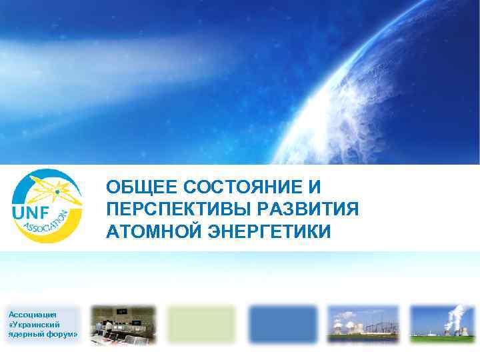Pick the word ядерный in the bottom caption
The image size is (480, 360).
coord(26,333)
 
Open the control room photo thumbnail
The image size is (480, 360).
coord(123,325)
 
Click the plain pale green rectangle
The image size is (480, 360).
coord(201,325)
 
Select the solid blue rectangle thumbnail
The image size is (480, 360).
coord(281,325)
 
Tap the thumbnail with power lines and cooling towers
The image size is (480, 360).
coord(363,325)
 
